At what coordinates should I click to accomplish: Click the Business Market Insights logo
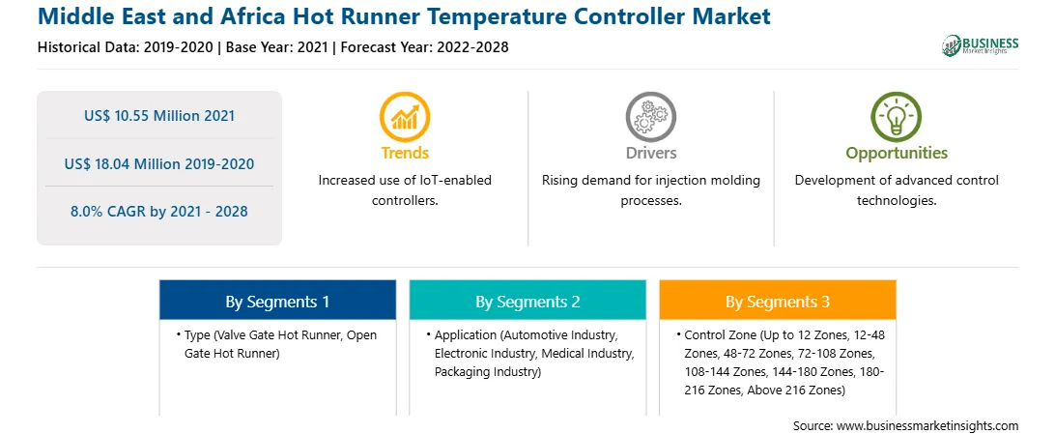(980, 45)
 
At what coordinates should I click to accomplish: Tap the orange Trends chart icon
(405, 116)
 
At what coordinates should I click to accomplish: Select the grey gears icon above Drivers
(650, 116)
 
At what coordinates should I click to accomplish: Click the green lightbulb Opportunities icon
(897, 116)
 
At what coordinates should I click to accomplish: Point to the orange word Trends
(405, 154)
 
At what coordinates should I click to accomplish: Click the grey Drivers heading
(650, 154)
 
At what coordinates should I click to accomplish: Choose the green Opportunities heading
(897, 154)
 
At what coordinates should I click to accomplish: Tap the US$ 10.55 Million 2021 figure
(159, 116)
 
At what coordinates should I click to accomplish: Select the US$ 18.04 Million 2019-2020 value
(159, 163)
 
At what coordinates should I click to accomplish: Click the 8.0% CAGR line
(159, 212)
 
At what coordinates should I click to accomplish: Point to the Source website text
(905, 426)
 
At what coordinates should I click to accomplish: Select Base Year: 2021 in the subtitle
(277, 47)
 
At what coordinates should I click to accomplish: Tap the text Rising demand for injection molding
(650, 181)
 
